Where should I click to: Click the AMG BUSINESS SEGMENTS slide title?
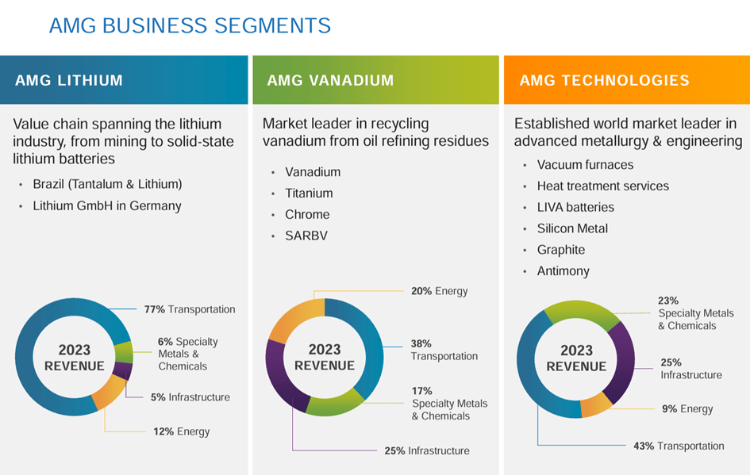click(190, 25)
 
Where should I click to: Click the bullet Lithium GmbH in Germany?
click(106, 206)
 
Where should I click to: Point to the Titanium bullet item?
click(309, 193)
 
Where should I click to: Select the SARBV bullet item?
click(306, 236)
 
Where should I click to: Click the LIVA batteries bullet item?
click(575, 207)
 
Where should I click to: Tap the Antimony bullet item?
click(563, 271)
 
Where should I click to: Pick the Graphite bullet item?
click(560, 250)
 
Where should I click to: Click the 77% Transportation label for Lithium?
click(190, 309)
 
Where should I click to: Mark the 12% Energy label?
click(181, 432)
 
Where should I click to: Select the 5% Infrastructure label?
click(190, 397)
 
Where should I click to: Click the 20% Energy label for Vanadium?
click(439, 291)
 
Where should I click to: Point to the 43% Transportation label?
click(679, 446)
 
